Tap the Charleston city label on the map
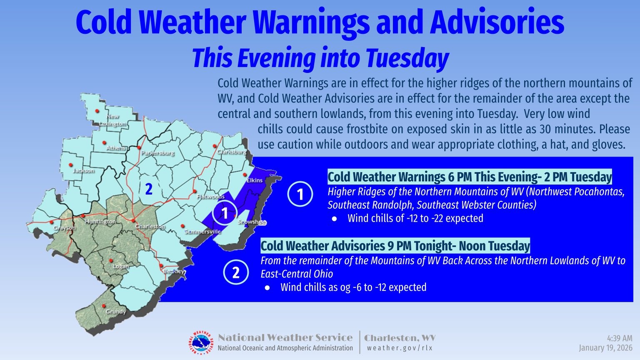pyautogui.click(x=150, y=226)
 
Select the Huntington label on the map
pyautogui.click(x=100, y=222)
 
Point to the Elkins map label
pyautogui.click(x=254, y=180)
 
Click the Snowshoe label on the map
pyautogui.click(x=252, y=222)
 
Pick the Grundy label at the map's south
pyautogui.click(x=115, y=311)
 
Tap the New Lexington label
pyautogui.click(x=112, y=120)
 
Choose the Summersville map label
pyautogui.click(x=203, y=231)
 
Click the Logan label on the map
pyautogui.click(x=120, y=266)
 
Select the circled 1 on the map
pyautogui.click(x=225, y=213)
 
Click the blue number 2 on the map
pyautogui.click(x=149, y=189)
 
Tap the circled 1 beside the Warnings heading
pyautogui.click(x=300, y=194)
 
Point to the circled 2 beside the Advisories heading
pyautogui.click(x=236, y=272)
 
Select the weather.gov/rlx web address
pyautogui.click(x=400, y=348)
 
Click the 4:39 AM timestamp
pyautogui.click(x=620, y=339)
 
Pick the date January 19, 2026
pyautogui.click(x=605, y=348)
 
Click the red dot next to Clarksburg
pyautogui.click(x=215, y=146)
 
